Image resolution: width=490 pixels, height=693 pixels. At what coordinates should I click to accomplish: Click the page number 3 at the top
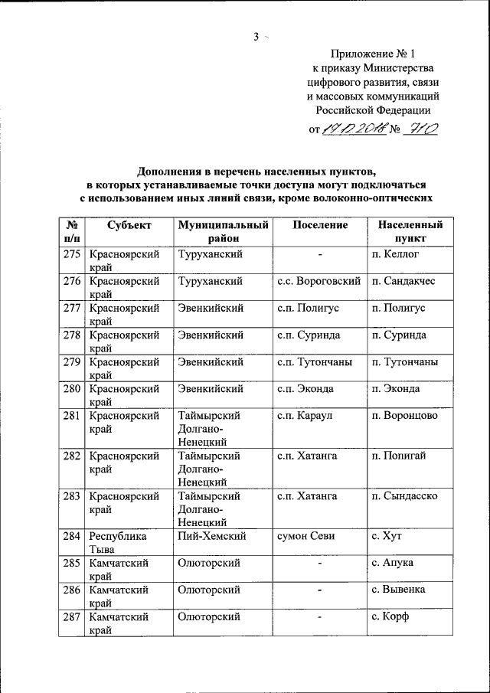click(256, 35)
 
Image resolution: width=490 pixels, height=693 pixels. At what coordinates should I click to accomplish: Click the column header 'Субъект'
click(129, 225)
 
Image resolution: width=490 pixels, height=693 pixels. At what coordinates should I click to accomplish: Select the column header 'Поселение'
click(319, 225)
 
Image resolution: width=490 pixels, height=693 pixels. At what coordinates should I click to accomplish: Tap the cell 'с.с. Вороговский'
click(318, 281)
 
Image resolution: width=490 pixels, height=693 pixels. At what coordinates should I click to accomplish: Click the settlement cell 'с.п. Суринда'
click(309, 335)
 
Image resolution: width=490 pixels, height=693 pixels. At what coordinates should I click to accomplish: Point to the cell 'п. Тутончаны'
click(404, 362)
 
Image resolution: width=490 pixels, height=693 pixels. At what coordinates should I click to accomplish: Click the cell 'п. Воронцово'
click(403, 416)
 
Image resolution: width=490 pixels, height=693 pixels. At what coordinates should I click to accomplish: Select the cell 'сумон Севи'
click(307, 536)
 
